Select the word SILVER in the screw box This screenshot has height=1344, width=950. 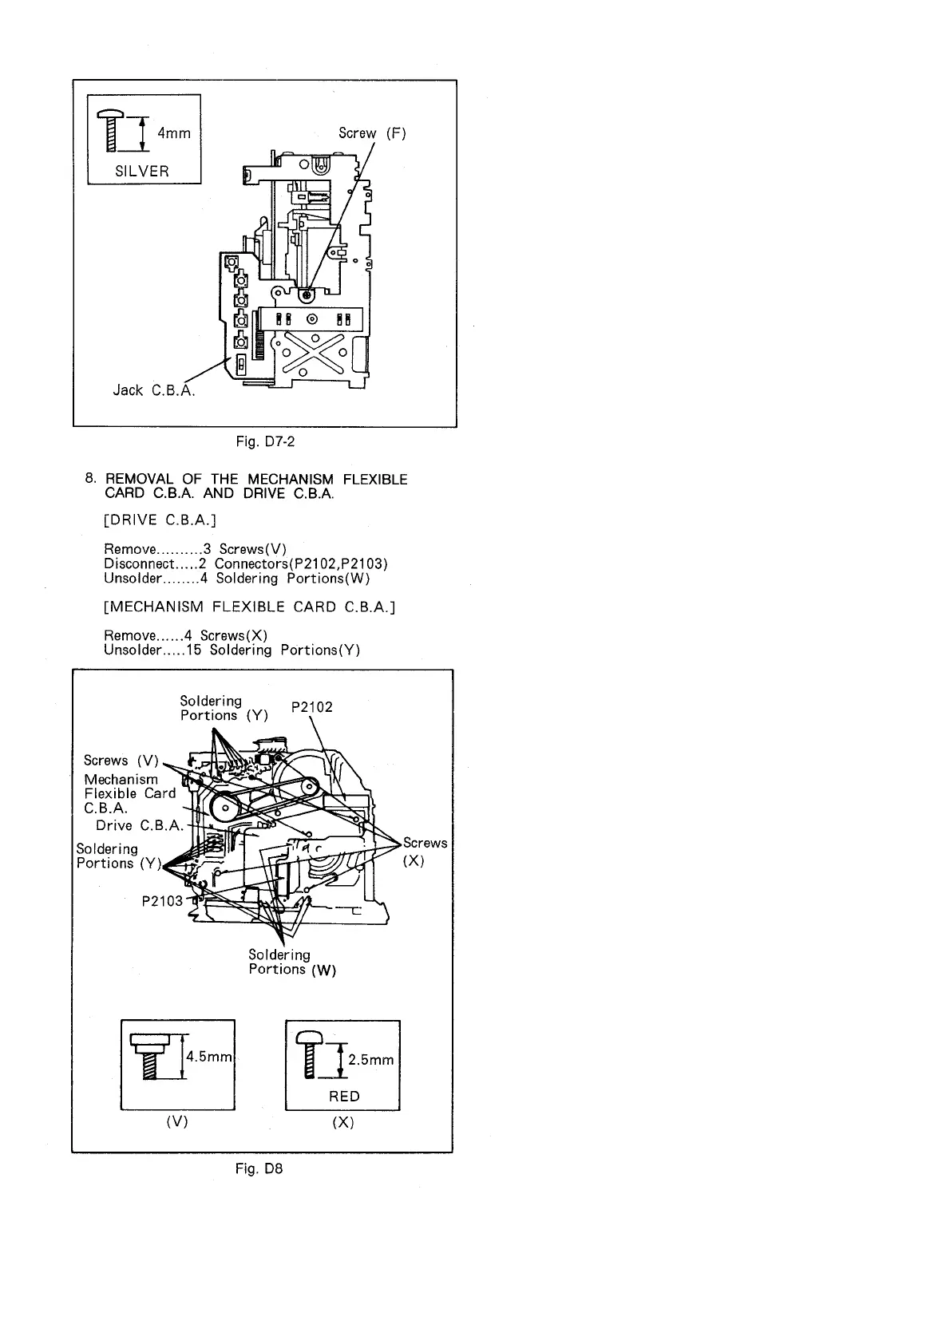pos(142,171)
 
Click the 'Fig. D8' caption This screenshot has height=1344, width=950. pos(259,1169)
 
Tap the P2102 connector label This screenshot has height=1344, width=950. pos(311,707)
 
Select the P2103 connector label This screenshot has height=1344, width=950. pos(162,901)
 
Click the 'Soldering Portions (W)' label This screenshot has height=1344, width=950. pos(291,963)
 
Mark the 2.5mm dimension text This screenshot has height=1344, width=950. pos(371,1060)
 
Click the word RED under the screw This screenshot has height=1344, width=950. pos(344,1097)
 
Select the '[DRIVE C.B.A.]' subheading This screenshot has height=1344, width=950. pos(160,520)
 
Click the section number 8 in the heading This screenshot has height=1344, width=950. pos(89,479)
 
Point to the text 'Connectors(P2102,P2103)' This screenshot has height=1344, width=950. pos(301,563)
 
